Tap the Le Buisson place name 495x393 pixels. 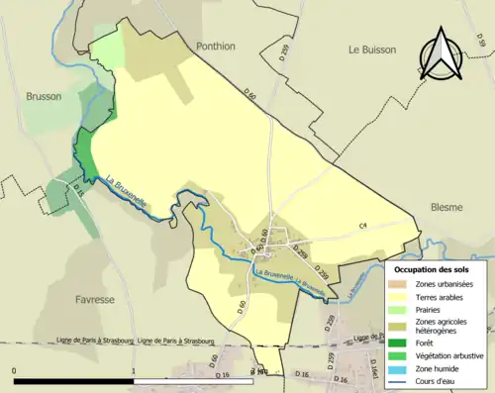click(x=372, y=48)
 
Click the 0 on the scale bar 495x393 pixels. click(x=14, y=371)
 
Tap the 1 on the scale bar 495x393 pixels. click(x=134, y=371)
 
